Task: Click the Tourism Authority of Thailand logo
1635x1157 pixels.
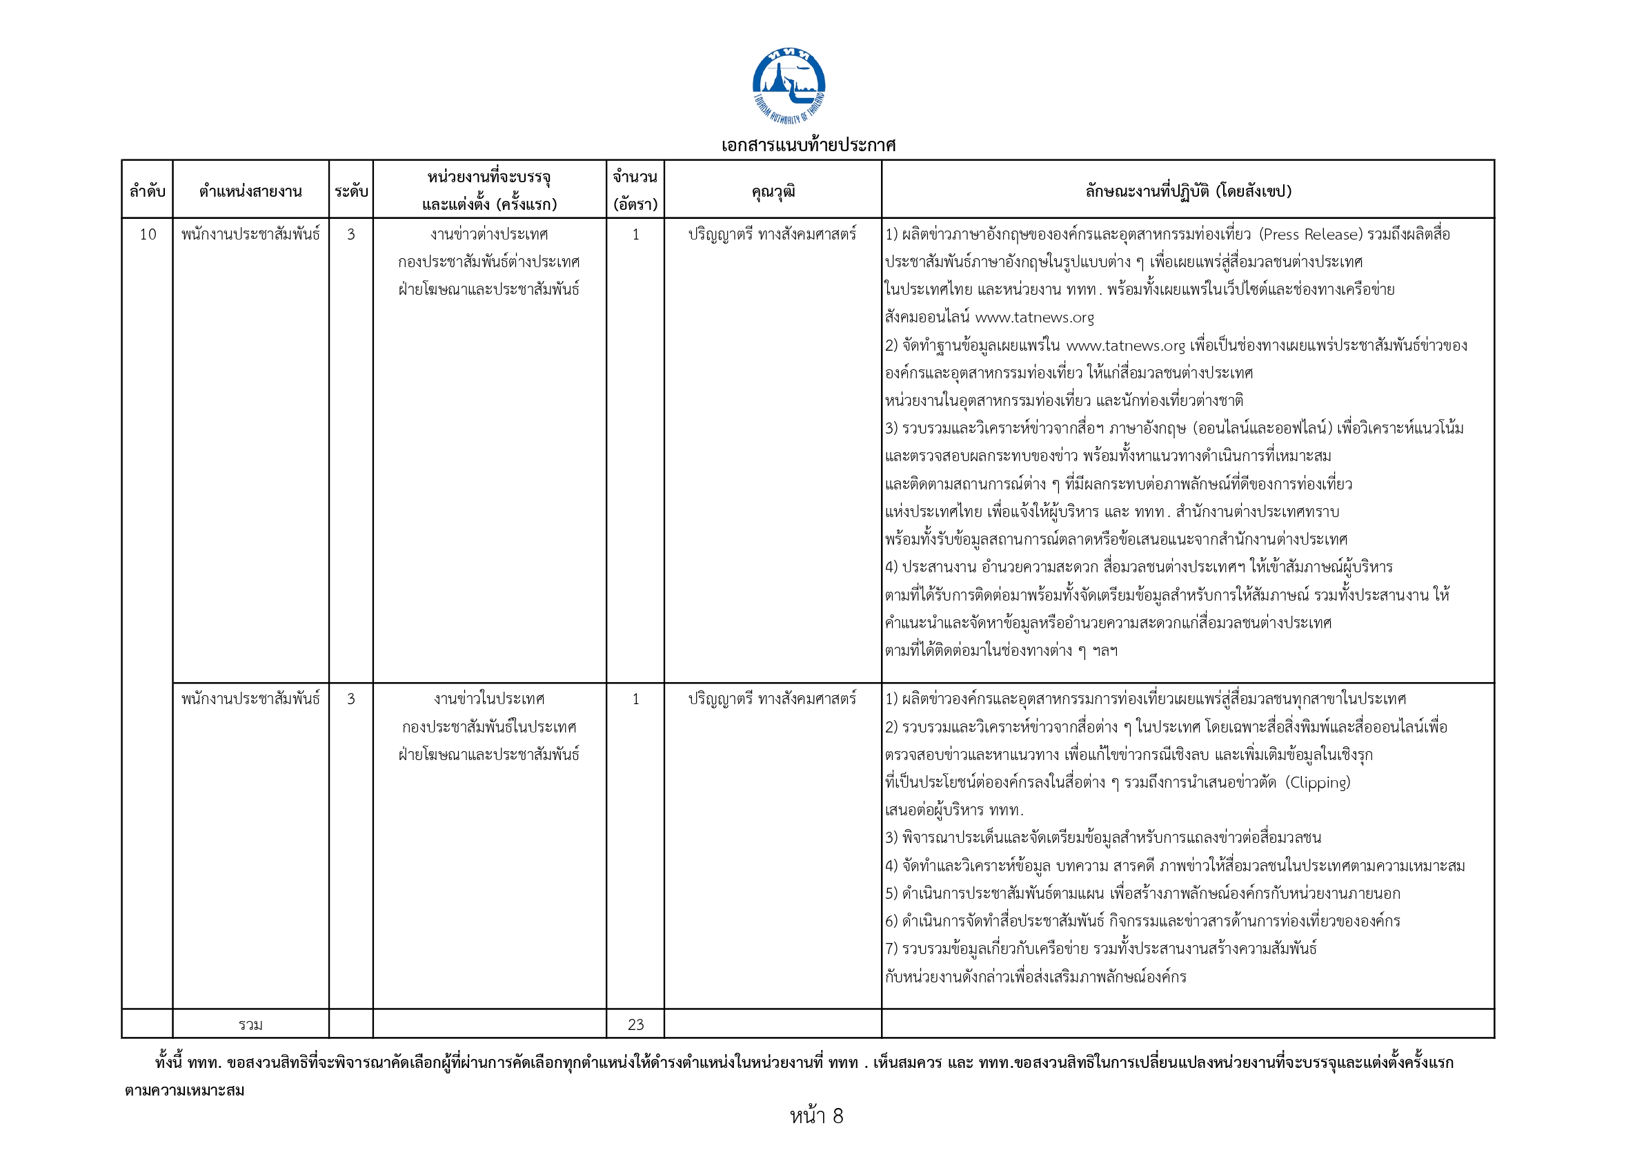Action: point(789,86)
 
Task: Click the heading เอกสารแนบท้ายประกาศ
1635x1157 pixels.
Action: point(809,146)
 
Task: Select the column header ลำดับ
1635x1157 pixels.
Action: point(148,191)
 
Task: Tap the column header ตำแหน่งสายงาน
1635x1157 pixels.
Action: point(250,191)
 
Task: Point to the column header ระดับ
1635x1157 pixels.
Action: point(351,191)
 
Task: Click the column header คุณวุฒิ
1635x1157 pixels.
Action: point(773,191)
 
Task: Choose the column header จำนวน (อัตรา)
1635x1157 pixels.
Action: point(635,191)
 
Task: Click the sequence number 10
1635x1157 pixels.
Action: point(148,235)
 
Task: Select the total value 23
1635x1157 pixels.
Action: point(635,1024)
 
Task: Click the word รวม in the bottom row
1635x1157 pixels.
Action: point(250,1024)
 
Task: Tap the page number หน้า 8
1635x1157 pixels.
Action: point(817,1116)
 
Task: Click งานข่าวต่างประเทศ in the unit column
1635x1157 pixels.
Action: point(489,235)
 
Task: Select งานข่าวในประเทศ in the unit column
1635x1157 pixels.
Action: point(489,699)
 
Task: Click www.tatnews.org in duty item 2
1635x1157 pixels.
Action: point(1125,346)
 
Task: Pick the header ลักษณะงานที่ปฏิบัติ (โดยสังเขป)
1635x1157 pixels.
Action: point(1188,191)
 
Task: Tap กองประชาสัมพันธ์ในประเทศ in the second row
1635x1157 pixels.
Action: point(489,727)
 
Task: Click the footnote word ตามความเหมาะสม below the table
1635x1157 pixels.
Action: point(184,1090)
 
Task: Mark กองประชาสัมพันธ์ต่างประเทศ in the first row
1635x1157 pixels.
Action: point(489,262)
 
